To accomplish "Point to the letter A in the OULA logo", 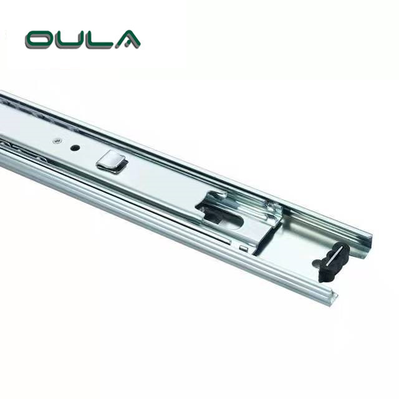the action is (x=128, y=39).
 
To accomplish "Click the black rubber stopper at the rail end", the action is (x=331, y=262).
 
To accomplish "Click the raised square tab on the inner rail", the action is (x=112, y=161).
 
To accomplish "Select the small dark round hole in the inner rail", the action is (x=75, y=148).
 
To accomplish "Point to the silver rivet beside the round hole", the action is (x=57, y=140).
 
